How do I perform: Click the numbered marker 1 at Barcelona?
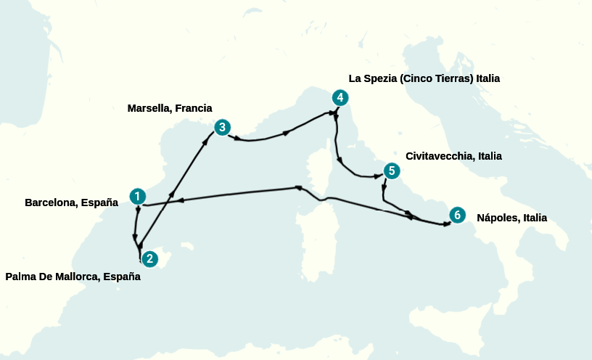[138, 196]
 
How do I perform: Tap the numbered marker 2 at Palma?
[149, 258]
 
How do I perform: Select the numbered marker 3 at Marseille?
[222, 128]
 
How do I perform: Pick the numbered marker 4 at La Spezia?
[340, 98]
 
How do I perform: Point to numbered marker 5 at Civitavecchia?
[392, 171]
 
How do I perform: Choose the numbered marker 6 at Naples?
[456, 215]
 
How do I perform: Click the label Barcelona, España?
[71, 202]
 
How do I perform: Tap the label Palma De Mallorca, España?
[73, 277]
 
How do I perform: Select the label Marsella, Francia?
[170, 108]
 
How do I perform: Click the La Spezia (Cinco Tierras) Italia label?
[424, 78]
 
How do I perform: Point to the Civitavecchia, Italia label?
[453, 156]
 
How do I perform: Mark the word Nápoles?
[496, 217]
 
